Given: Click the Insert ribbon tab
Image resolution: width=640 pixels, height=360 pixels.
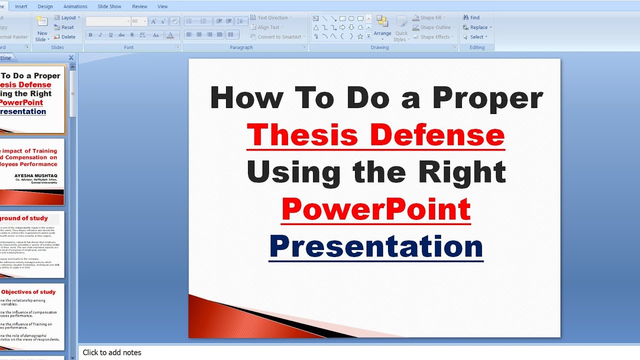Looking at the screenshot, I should click(21, 6).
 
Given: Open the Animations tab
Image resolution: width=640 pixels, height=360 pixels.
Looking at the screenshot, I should click(75, 6).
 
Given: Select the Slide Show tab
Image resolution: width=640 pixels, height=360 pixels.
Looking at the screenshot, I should click(109, 6).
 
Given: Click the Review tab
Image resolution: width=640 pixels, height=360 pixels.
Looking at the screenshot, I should click(139, 6).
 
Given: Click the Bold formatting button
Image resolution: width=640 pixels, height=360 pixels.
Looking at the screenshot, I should click(90, 35).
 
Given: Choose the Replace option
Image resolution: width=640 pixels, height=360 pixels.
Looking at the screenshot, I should click(477, 27).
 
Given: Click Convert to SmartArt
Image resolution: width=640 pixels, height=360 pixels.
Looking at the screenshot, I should click(278, 37).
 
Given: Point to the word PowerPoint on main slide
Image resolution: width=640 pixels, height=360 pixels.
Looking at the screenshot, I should click(376, 209).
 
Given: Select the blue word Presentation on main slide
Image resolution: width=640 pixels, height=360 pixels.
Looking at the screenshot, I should click(376, 246).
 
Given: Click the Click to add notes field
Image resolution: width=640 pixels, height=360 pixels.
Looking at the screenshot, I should click(112, 352).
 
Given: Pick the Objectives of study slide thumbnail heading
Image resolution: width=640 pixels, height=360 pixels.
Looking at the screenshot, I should click(28, 292).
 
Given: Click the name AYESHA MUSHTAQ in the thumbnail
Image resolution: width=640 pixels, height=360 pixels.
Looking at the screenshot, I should click(35, 176).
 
